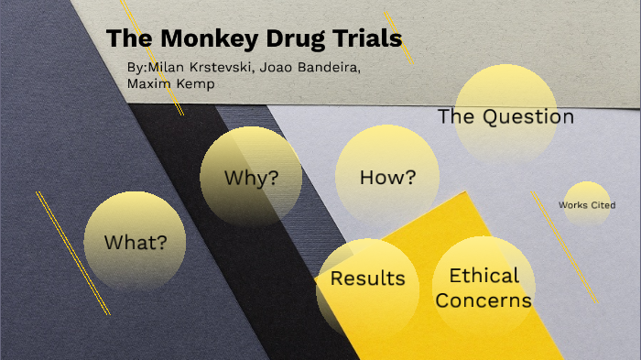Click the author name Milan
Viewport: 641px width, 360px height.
pos(166,69)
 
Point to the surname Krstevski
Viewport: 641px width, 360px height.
pos(223,69)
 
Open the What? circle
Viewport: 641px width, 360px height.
pos(135,242)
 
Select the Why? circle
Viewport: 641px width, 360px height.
pos(251,177)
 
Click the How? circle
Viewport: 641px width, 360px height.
pos(386,177)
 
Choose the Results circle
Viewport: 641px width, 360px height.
pos(367,278)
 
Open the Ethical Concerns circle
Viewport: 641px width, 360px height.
pos(483,286)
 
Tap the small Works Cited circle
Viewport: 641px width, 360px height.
pos(586,205)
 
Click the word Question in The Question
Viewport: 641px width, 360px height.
pos(528,116)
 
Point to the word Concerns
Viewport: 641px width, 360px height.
pos(483,300)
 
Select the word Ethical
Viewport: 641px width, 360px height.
pos(483,275)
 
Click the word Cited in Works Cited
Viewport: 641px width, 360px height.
pos(602,205)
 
